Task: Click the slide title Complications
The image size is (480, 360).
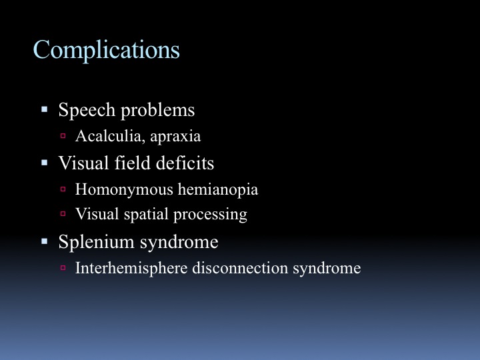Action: [x=106, y=50]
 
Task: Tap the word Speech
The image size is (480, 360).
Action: [x=87, y=110]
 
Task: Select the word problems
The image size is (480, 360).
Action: [x=157, y=110]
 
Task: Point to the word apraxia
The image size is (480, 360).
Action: [x=175, y=137]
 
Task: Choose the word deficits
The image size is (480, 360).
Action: [x=185, y=163]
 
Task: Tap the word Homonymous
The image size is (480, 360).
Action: [x=124, y=189]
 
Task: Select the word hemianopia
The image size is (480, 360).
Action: [x=218, y=189]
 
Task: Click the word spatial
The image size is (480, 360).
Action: [x=146, y=214]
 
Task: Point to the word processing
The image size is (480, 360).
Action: [x=210, y=215]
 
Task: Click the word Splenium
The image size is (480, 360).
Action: [x=97, y=242]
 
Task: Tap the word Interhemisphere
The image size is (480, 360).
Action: [x=131, y=268]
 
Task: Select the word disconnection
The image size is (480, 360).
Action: [x=240, y=268]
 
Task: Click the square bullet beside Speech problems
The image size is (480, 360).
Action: [x=45, y=109]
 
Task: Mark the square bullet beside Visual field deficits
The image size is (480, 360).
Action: [x=45, y=163]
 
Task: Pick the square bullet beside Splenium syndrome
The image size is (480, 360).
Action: [x=45, y=241]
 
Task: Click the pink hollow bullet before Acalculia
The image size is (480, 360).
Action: [x=63, y=135]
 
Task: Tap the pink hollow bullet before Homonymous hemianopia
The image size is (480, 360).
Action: [x=63, y=189]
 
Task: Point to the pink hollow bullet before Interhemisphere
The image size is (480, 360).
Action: [x=63, y=268]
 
